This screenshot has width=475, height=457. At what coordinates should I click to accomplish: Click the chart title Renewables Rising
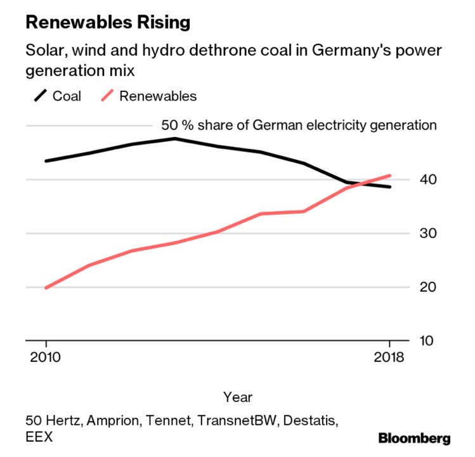(107, 23)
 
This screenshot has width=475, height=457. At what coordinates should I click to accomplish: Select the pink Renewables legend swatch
(108, 96)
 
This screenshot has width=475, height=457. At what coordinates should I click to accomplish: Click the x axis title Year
(238, 397)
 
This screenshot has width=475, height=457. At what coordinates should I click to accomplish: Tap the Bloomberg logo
(414, 439)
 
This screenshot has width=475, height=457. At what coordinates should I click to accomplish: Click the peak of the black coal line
(174, 138)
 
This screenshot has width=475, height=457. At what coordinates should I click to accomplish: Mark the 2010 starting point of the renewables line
(46, 288)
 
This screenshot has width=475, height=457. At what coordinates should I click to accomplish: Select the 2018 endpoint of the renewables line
(390, 176)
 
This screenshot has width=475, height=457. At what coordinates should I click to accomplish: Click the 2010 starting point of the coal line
(46, 161)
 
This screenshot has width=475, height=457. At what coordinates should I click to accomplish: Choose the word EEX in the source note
(39, 437)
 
